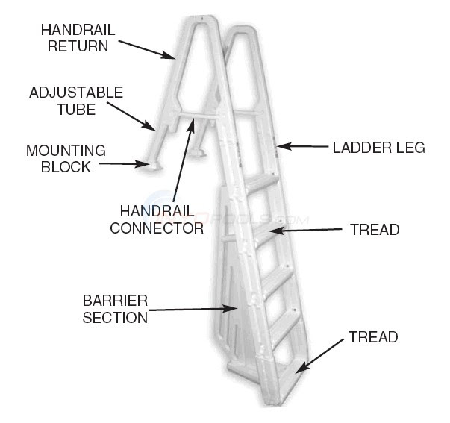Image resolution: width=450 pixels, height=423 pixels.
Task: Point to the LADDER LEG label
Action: coord(378,148)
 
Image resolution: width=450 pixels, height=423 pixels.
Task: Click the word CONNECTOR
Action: coord(157,228)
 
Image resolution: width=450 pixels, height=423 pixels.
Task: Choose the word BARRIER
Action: coord(115,301)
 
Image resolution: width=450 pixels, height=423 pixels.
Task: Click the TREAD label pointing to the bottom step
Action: coord(373,338)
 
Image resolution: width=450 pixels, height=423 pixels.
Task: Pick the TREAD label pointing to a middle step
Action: coord(374,230)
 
